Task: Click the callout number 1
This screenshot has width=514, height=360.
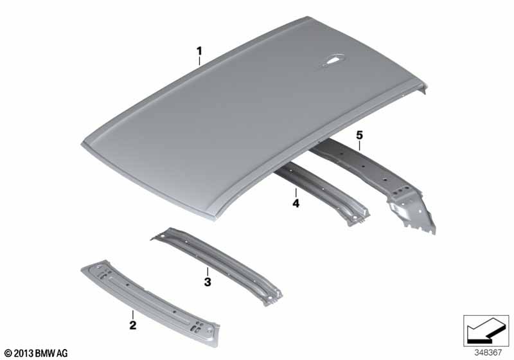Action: (199, 51)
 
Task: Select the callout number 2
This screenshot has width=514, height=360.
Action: (133, 325)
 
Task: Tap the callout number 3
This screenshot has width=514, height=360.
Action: (208, 282)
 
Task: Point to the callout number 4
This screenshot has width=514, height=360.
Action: (296, 203)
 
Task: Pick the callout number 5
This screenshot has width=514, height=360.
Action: (360, 135)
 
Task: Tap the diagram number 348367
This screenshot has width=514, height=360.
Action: (488, 353)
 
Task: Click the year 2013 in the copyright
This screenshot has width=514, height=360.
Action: (24, 354)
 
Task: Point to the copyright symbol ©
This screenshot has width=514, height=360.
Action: (8, 354)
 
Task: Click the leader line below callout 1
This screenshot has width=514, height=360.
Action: (199, 61)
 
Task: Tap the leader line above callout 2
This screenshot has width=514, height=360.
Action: (133, 315)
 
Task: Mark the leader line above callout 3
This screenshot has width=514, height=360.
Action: (208, 272)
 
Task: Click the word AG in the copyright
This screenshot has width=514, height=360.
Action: (62, 354)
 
